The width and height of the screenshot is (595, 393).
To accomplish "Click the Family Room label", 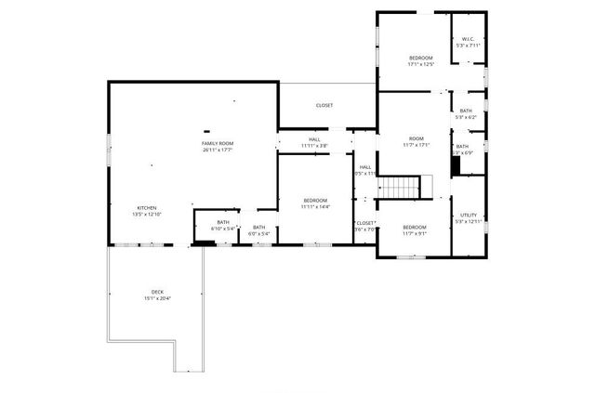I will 217,143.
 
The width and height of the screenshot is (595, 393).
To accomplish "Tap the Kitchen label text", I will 147,208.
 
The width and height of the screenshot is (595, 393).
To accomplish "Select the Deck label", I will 158,292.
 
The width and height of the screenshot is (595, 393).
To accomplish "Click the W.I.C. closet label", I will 467,39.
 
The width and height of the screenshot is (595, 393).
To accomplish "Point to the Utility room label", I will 468,215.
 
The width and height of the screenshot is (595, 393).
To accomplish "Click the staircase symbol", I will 402,188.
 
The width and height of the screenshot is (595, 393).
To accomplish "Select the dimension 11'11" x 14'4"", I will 314,207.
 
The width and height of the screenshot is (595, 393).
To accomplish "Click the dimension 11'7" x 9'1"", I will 415,233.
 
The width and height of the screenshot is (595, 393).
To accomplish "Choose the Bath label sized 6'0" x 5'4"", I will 258,228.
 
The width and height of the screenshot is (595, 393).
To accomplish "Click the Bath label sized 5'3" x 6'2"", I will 466,111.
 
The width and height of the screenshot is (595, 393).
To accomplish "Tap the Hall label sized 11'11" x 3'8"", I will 314,139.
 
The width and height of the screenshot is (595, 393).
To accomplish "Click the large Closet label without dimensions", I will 324,105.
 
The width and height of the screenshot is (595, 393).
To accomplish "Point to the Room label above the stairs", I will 416,139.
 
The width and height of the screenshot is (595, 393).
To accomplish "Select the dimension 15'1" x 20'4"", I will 158,298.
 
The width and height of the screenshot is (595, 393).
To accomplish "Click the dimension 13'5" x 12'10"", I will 147,215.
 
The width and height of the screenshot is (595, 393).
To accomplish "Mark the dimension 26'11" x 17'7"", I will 217,150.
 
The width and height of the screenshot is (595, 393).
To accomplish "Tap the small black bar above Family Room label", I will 206,131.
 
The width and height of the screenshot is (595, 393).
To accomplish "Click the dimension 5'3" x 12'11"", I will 468,221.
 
